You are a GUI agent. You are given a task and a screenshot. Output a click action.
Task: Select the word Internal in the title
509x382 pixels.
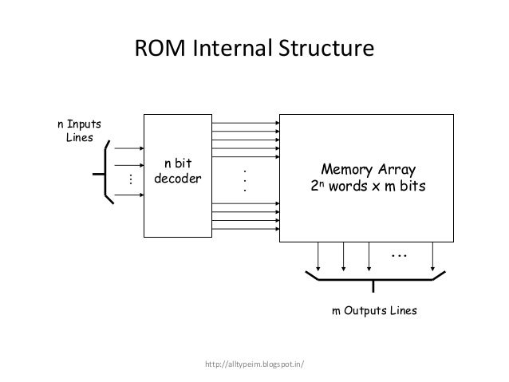coord(227,49)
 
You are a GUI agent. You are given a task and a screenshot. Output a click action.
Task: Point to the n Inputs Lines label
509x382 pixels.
coord(77,130)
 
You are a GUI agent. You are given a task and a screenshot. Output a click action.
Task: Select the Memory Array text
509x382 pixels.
coord(368,169)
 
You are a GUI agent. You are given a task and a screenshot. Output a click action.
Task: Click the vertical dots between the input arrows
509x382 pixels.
coord(130,181)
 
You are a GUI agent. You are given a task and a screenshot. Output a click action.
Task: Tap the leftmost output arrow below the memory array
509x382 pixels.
coord(318,257)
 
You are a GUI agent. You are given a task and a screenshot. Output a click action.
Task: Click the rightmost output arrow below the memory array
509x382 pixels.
coord(432,257)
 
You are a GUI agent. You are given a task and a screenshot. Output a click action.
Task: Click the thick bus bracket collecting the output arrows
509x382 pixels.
coord(372,281)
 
